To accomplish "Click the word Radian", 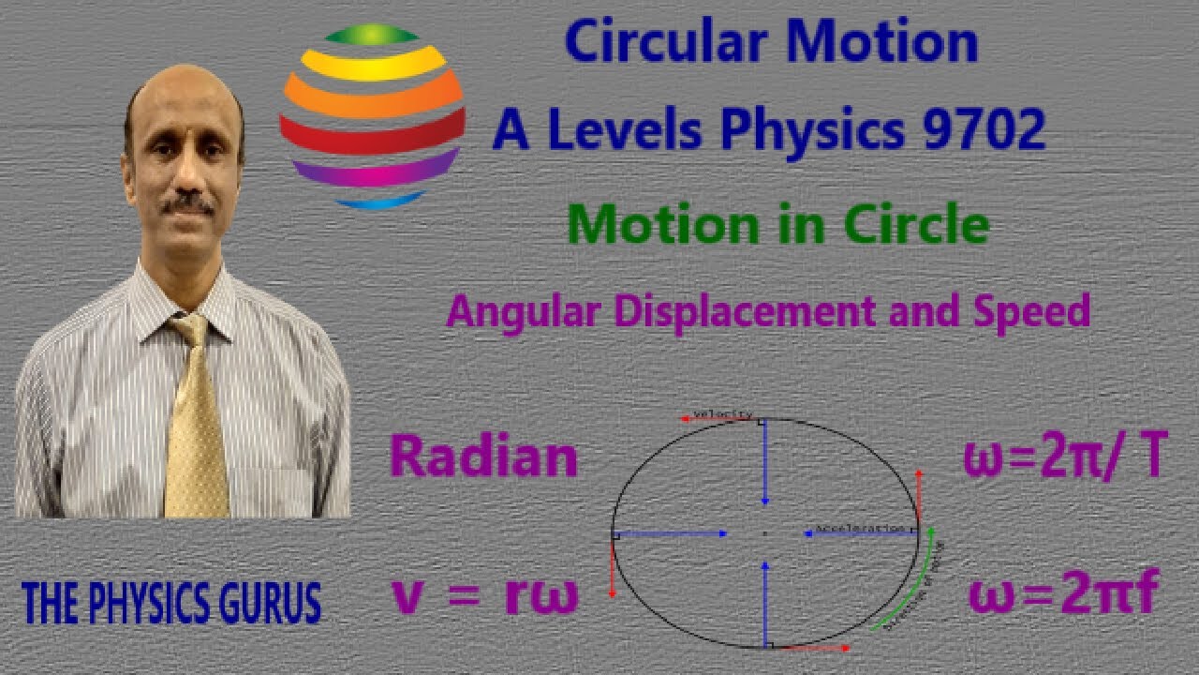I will click(x=483, y=457).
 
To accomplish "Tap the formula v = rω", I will click(x=485, y=596).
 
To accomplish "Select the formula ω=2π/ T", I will click(x=1065, y=459).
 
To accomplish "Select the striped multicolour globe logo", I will click(x=372, y=116).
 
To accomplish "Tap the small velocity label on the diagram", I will click(x=722, y=414).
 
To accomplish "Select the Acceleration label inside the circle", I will click(x=859, y=529).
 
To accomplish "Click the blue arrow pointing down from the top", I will click(x=765, y=459).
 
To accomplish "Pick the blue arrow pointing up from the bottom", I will click(x=765, y=600).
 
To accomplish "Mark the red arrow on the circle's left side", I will click(x=613, y=566).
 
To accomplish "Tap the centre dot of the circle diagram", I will click(x=765, y=533).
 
